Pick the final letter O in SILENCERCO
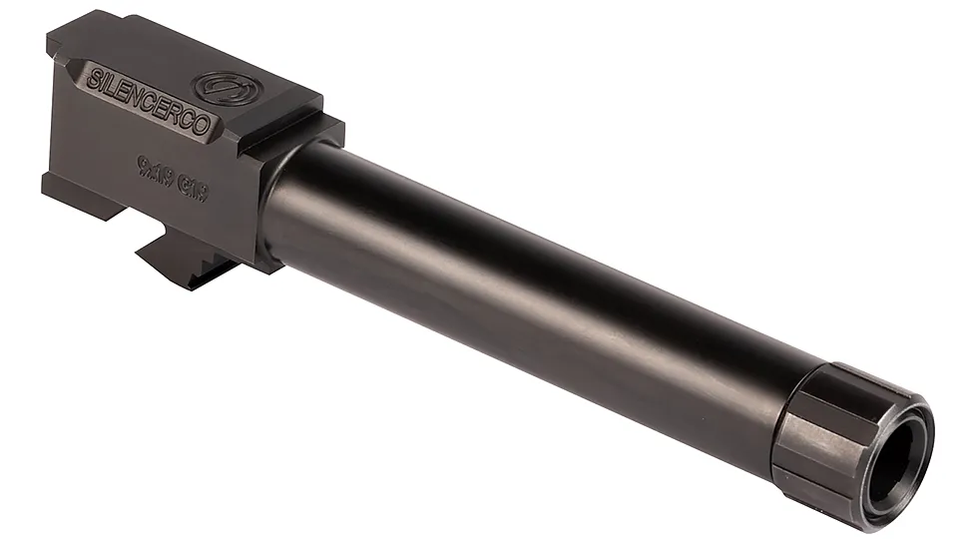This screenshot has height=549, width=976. coord(203,125)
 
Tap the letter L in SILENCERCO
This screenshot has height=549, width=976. coord(109,85)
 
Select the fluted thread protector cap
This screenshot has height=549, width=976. coord(838,429)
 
